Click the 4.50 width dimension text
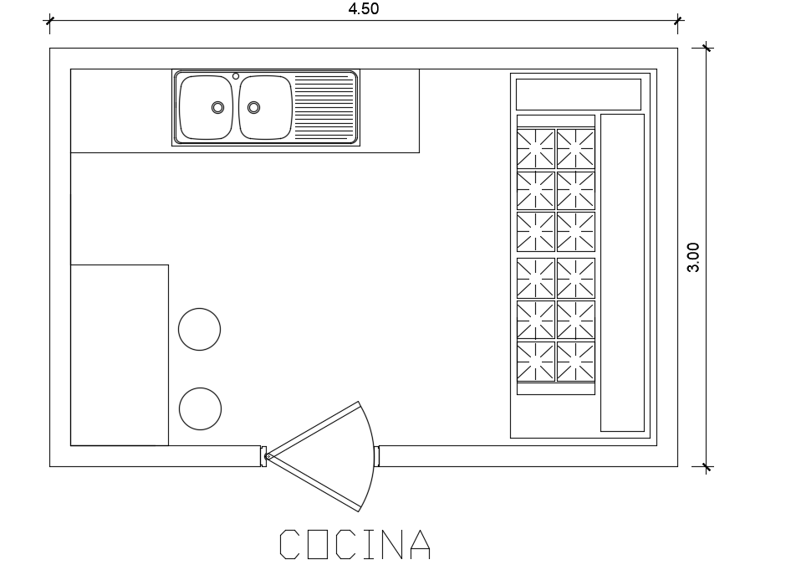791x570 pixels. pyautogui.click(x=363, y=9)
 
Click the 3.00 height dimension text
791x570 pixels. pyautogui.click(x=693, y=257)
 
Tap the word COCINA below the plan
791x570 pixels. pyautogui.click(x=355, y=544)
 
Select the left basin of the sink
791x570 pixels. pyautogui.click(x=205, y=107)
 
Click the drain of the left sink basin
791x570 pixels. pyautogui.click(x=217, y=107)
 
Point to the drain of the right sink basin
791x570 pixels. pyautogui.click(x=253, y=107)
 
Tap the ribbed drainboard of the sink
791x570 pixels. pyautogui.click(x=324, y=107)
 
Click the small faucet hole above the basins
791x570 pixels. pyautogui.click(x=236, y=76)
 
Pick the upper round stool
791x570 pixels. pyautogui.click(x=199, y=329)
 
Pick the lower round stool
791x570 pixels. pyautogui.click(x=200, y=408)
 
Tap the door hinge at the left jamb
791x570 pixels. pyautogui.click(x=267, y=456)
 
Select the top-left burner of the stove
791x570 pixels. pyautogui.click(x=536, y=148)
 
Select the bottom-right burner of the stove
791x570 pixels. pyautogui.click(x=575, y=362)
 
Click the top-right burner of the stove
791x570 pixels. pyautogui.click(x=575, y=148)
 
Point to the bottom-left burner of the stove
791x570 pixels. pyautogui.click(x=536, y=362)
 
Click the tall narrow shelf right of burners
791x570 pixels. pyautogui.click(x=622, y=273)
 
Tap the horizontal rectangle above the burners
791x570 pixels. pyautogui.click(x=579, y=94)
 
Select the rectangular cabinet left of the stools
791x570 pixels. pyautogui.click(x=120, y=355)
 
